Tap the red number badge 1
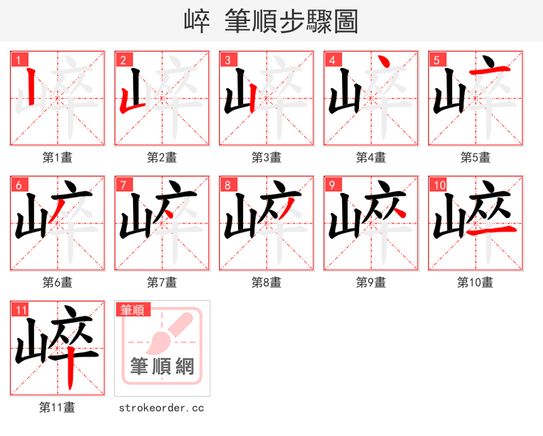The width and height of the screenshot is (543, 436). coord(18,60)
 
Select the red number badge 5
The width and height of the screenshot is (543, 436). coord(436,60)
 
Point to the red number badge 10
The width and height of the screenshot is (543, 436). coord(438,185)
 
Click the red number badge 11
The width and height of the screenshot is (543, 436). coord(20,310)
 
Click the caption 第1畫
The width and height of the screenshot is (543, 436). coord(58,158)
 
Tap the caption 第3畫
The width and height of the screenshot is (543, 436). coord(267,158)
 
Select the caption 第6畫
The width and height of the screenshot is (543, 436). coord(58,283)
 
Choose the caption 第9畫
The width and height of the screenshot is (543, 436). coord(371,283)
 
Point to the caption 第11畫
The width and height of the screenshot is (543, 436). coord(58,407)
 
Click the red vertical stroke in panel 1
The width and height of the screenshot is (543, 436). coord(31,88)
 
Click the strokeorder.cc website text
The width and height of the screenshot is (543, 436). coord(162,407)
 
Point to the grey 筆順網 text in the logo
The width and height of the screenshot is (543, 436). coord(162,367)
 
